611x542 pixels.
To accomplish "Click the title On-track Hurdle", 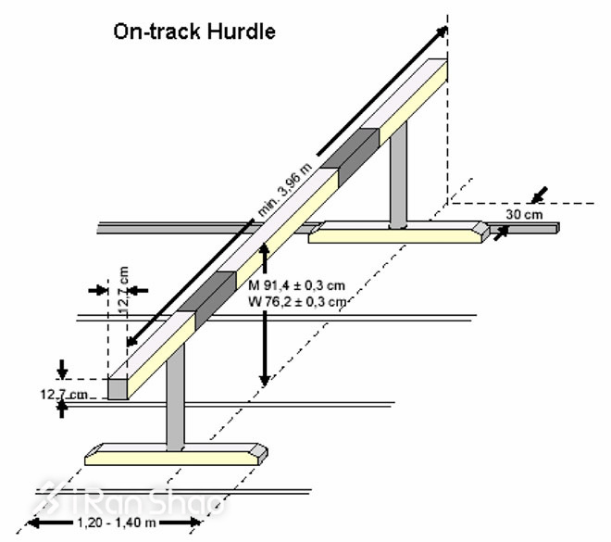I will coord(194,31).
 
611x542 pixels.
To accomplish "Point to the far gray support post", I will coord(398,176).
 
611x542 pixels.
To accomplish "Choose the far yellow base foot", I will coord(398,233).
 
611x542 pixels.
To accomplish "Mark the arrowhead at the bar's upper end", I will coord(443,33).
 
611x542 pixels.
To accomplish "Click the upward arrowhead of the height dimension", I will coord(265,248).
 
